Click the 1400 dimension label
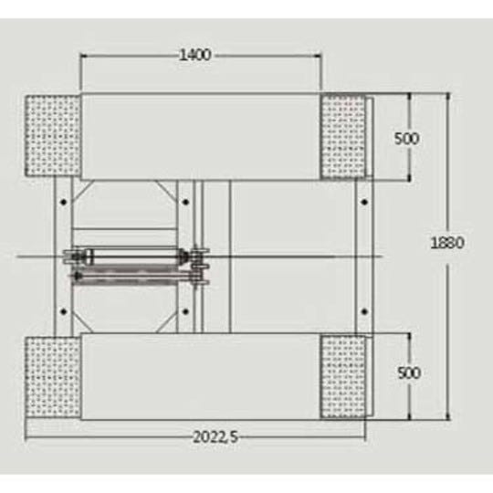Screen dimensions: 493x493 [195, 55]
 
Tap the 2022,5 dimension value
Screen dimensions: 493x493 [215, 436]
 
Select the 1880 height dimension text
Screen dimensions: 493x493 [446, 243]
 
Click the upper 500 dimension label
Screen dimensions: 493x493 [406, 139]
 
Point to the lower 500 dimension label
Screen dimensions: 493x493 [409, 372]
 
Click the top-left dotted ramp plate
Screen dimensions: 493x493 [53, 135]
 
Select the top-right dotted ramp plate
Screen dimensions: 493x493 [343, 136]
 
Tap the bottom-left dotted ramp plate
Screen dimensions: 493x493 [53, 377]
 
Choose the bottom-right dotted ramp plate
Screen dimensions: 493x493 [343, 377]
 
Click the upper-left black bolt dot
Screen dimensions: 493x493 [64, 202]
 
